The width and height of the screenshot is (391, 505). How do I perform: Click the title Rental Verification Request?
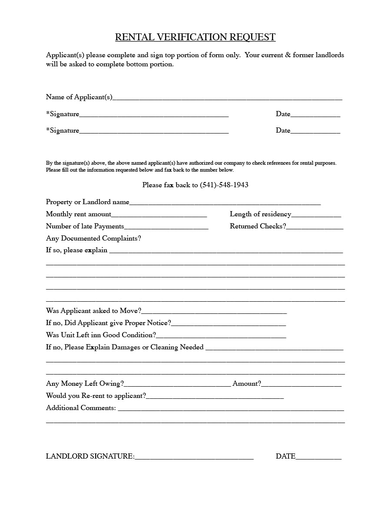[x=195, y=37]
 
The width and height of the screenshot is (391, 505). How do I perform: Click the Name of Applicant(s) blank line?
[x=227, y=98]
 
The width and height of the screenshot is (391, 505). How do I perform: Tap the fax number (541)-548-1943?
[x=224, y=185]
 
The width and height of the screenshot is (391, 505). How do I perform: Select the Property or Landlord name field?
[x=225, y=202]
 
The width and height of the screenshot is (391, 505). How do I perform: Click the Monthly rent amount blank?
[x=159, y=215]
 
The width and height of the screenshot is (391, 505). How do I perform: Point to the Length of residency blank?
[x=316, y=215]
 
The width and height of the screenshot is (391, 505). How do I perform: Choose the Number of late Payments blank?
[x=166, y=227]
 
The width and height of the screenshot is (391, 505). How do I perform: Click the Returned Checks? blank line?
[x=315, y=227]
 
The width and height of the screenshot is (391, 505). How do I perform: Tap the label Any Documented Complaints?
[x=93, y=238]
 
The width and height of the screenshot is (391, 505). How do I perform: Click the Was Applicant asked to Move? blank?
[x=214, y=311]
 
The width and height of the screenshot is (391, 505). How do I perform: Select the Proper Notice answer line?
[x=229, y=323]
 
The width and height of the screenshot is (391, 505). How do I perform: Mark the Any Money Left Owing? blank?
[x=177, y=384]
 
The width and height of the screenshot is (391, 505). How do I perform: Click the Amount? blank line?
[x=301, y=384]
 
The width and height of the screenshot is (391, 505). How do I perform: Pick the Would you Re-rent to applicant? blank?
[x=215, y=396]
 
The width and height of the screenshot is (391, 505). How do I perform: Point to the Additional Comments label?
[x=81, y=408]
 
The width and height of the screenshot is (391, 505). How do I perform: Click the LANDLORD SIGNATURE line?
[x=194, y=457]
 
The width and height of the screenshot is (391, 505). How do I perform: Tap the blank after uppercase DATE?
[x=318, y=457]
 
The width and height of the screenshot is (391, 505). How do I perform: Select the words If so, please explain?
[x=76, y=251]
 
